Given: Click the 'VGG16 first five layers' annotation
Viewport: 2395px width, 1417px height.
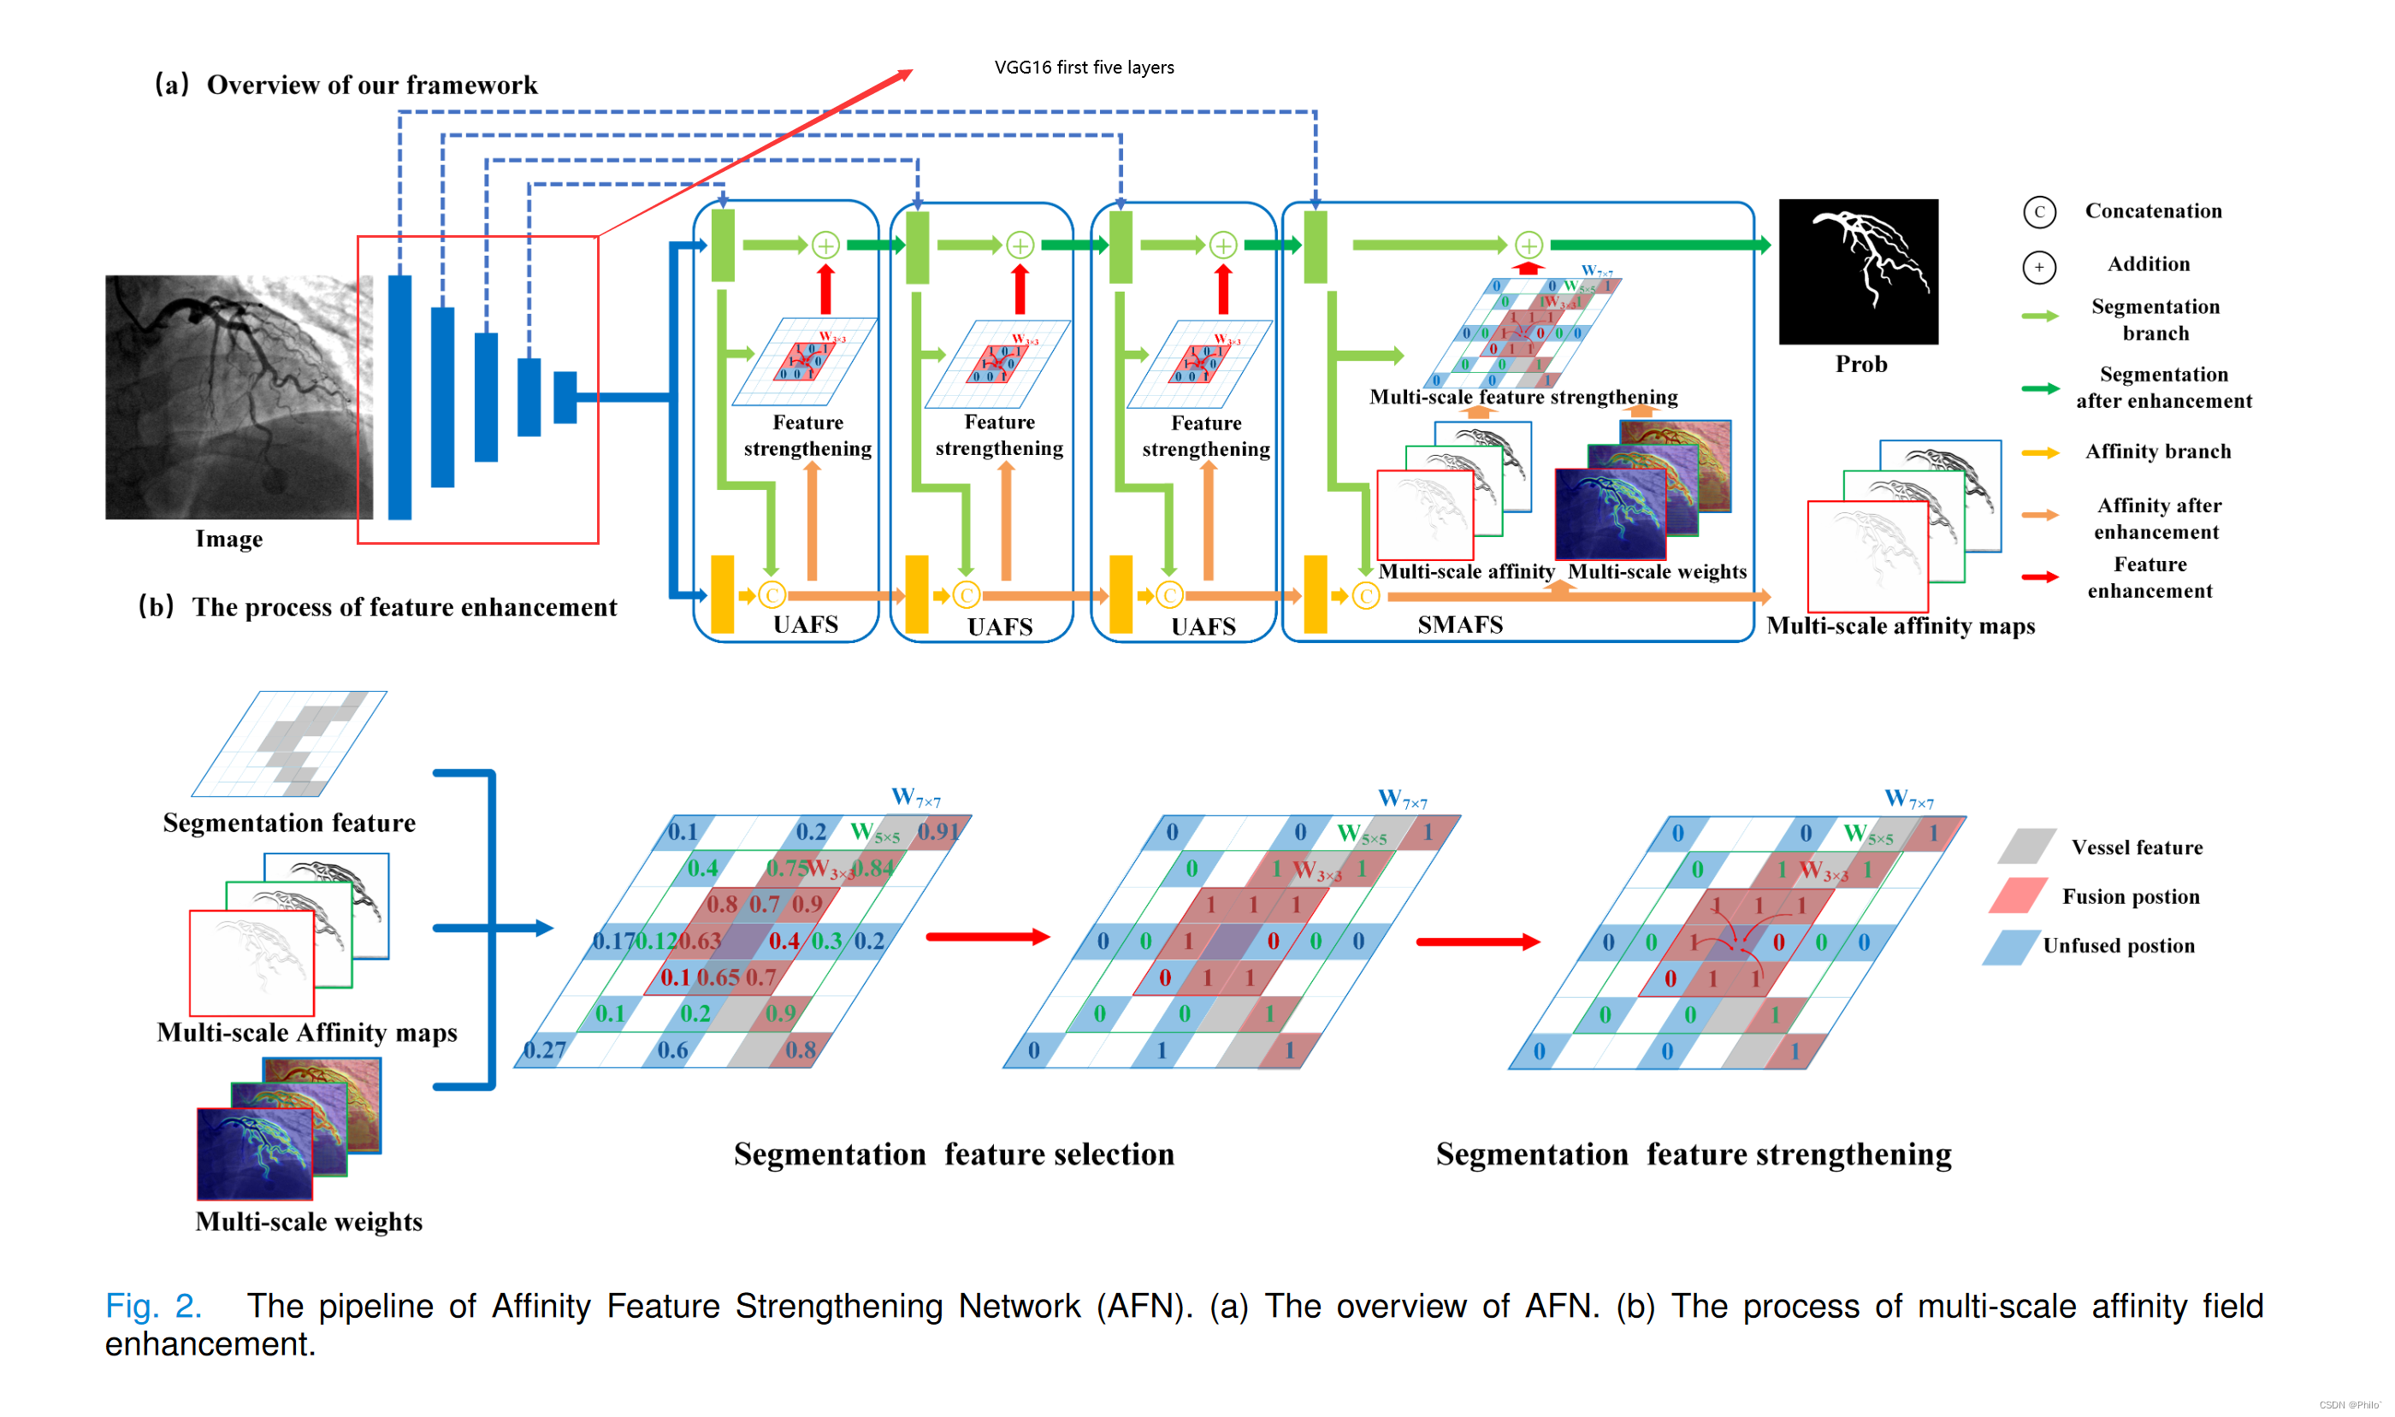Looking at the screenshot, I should [x=1084, y=68].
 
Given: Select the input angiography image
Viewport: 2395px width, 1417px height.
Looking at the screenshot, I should [x=239, y=396].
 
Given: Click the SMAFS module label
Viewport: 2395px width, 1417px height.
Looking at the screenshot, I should [x=1459, y=624].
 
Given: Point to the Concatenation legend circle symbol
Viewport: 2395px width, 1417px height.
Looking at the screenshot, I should [x=2039, y=212].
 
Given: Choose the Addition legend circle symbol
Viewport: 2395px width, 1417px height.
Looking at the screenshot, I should [x=2039, y=267].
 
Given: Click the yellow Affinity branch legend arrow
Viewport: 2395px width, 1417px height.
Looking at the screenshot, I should [x=2039, y=452].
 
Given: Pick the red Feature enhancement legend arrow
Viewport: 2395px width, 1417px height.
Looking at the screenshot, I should [x=2039, y=576].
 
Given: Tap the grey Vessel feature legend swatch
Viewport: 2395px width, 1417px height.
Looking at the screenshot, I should [x=2025, y=846].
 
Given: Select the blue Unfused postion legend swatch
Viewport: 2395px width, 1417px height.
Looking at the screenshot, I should [x=2010, y=947].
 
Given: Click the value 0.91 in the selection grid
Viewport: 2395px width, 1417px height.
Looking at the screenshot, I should [x=937, y=832].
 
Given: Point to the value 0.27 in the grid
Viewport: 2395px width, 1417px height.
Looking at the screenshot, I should [x=544, y=1050].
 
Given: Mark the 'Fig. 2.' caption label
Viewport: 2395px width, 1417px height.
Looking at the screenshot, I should [x=153, y=1305].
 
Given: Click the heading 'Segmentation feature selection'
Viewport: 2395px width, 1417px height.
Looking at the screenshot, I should [x=953, y=1154].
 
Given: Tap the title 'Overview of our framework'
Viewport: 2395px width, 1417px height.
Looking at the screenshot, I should [x=371, y=85].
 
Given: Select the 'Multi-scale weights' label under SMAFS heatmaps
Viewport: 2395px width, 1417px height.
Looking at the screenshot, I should [x=1657, y=571].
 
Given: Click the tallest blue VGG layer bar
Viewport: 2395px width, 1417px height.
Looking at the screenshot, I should [x=399, y=396].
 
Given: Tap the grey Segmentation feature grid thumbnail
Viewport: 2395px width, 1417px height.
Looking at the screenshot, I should [x=289, y=744].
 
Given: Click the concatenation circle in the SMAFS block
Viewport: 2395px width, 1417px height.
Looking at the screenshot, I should [x=1365, y=597].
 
